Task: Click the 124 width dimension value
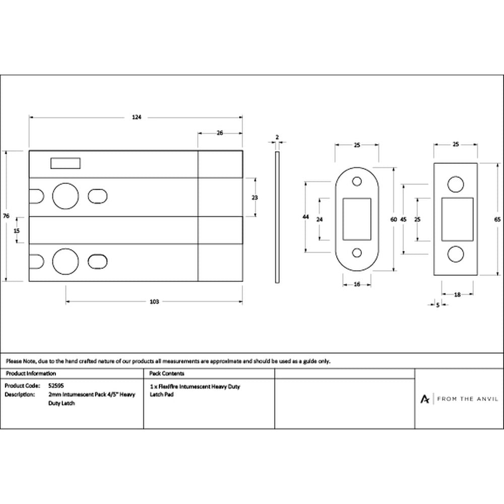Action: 137,117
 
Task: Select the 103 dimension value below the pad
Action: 154,301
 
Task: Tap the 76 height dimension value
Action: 6,216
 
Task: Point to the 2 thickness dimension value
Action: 277,137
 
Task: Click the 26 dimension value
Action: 220,133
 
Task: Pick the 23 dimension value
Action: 255,198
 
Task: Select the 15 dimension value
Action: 17,230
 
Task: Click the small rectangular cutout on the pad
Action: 66,163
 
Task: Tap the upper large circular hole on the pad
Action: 65,196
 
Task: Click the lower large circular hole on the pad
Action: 65,261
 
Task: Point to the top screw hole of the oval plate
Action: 357,181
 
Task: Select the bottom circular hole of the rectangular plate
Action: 456,254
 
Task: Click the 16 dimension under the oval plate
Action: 357,284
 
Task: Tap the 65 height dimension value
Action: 497,220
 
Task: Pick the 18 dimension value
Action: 458,294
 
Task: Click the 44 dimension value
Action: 306,217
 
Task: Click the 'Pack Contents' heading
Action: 167,373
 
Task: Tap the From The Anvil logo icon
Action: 424,399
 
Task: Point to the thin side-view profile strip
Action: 277,217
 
